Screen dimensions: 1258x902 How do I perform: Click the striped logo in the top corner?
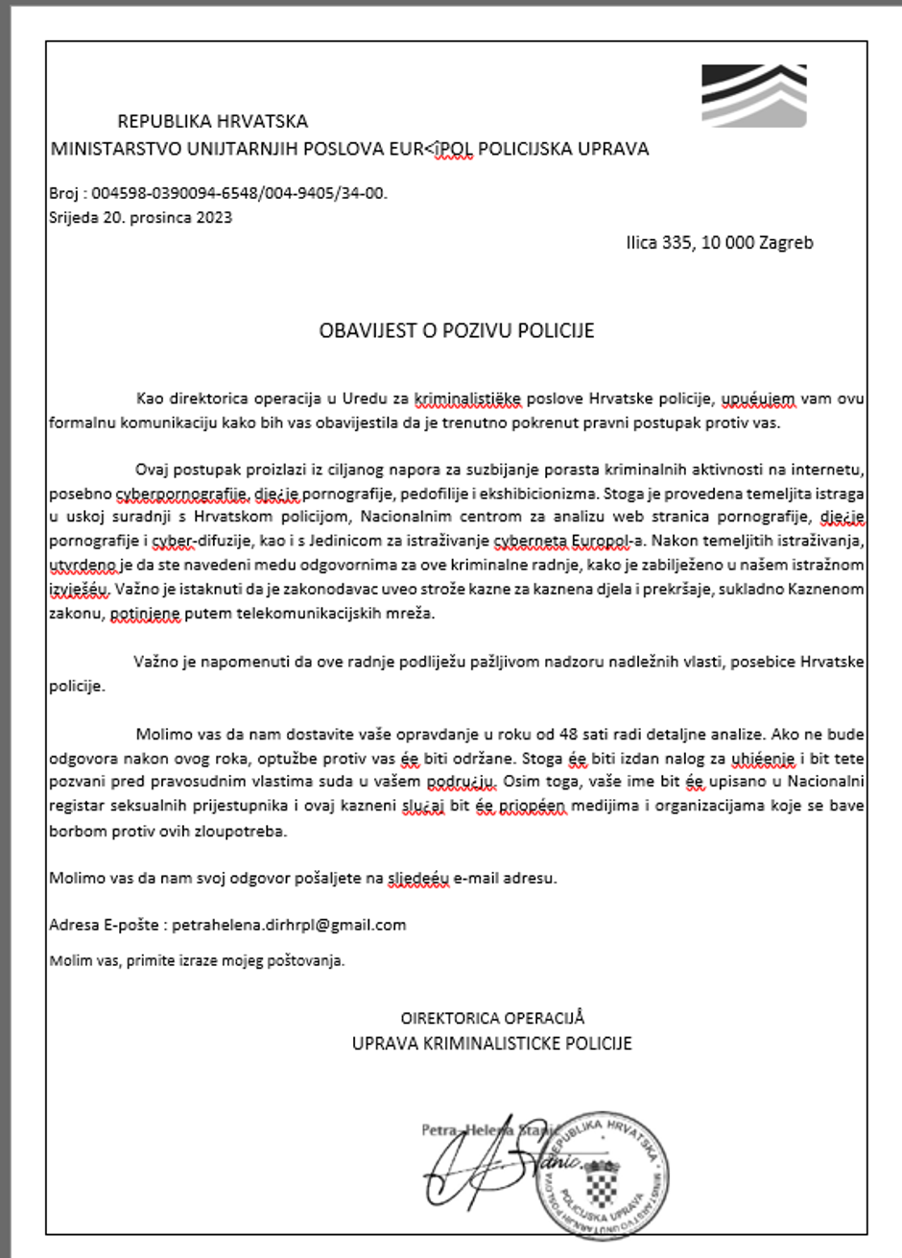click(x=753, y=96)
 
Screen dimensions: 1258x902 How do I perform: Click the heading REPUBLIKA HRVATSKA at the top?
click(x=212, y=122)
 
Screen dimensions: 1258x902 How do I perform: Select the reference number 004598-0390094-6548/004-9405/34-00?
click(x=240, y=194)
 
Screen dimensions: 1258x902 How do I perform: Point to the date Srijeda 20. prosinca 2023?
click(x=140, y=217)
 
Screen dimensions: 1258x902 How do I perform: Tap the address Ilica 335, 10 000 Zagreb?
click(x=719, y=243)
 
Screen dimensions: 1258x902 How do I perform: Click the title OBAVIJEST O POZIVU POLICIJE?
click(x=457, y=331)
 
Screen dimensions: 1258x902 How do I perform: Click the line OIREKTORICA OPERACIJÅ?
click(x=492, y=1019)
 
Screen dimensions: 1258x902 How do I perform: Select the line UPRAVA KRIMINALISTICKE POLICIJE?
click(x=491, y=1043)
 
